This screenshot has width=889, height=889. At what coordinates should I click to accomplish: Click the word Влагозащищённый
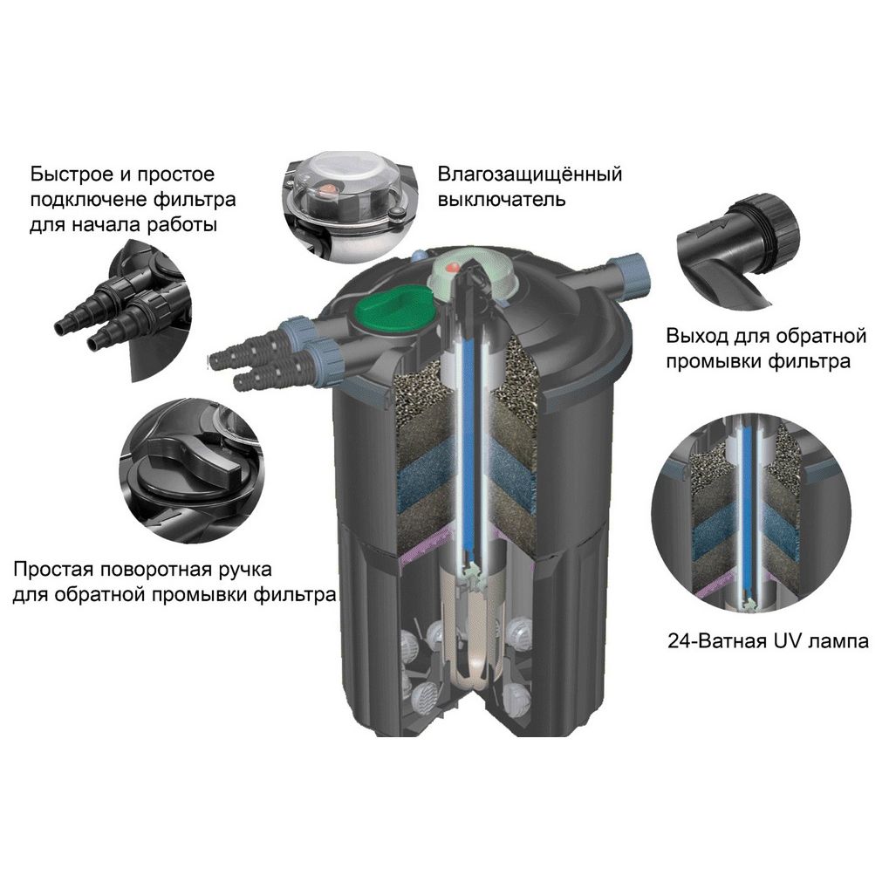[x=530, y=174]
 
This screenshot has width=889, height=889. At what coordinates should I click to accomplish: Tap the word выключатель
[x=502, y=200]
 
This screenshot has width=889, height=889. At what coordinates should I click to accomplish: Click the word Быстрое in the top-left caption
[x=71, y=174]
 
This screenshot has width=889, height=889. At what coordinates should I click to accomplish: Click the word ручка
[x=253, y=569]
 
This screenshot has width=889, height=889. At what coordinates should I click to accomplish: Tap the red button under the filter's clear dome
[x=453, y=266]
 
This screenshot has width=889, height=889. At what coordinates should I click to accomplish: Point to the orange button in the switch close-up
[x=327, y=189]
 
